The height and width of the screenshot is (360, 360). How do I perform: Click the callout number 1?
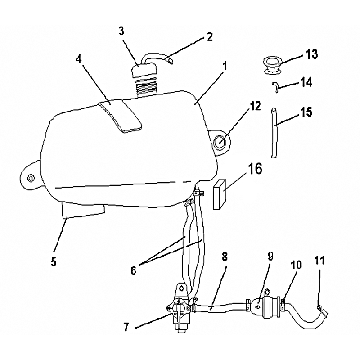click(225, 66)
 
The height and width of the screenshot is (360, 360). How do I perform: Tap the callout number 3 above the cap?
click(121, 31)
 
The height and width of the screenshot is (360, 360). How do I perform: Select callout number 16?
click(255, 169)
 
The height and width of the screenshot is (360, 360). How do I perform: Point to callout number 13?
click(311, 54)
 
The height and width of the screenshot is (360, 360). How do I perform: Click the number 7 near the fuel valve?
click(126, 327)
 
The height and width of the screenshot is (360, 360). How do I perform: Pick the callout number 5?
click(54, 262)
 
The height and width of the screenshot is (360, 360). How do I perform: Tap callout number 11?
click(320, 261)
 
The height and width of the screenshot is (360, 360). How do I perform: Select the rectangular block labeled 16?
click(220, 194)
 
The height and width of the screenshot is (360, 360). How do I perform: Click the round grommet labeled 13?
click(273, 65)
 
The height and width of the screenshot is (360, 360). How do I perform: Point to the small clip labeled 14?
click(275, 87)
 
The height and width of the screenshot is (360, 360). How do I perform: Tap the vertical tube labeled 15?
click(274, 133)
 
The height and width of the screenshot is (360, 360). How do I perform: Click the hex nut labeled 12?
click(220, 143)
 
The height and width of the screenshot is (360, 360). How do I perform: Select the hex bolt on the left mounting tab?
click(31, 178)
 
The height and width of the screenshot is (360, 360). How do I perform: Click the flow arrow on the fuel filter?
click(258, 306)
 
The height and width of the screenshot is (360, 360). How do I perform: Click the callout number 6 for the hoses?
click(133, 271)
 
